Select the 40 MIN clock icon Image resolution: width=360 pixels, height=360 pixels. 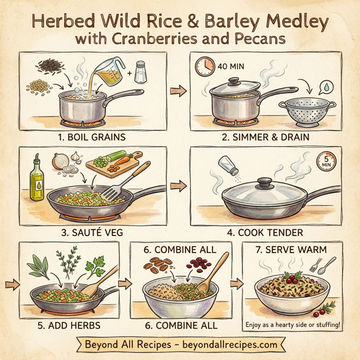tap(205, 67)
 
